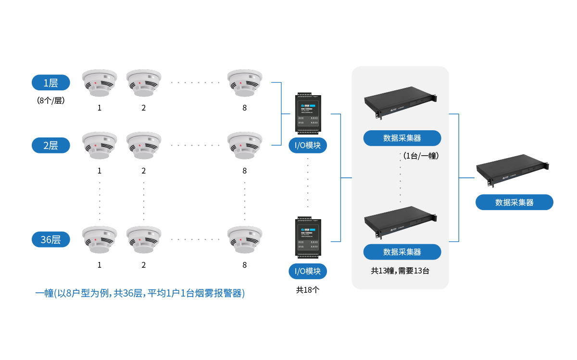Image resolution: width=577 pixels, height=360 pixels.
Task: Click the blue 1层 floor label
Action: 50,83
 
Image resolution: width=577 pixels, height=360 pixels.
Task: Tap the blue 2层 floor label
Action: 50,145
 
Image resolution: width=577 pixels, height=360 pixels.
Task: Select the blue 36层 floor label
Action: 50,239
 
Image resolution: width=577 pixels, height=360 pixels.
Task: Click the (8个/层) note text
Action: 50,100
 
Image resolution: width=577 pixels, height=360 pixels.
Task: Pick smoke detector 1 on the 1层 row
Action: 100,83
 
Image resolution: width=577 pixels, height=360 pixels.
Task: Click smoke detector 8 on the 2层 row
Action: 245,146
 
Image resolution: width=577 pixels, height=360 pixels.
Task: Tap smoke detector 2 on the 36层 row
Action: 144,240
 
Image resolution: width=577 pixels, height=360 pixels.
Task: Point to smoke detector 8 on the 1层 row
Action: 245,83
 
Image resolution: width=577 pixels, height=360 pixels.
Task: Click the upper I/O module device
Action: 308,113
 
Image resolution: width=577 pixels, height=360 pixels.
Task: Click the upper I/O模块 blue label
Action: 308,145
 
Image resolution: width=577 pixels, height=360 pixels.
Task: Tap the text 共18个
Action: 308,290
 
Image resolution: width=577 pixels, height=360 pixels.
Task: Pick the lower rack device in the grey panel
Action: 401,222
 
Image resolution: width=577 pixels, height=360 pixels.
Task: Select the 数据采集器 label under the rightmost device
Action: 514,202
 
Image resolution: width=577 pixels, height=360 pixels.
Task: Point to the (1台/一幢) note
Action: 421,156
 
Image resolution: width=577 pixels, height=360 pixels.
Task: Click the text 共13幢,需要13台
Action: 400,271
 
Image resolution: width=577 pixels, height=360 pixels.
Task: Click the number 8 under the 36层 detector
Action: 245,265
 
